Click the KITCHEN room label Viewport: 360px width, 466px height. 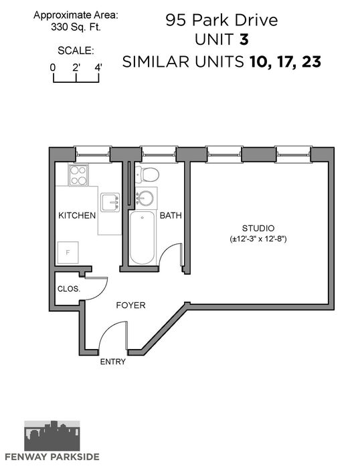[x=77, y=215]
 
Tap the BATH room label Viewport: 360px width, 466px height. [x=171, y=215]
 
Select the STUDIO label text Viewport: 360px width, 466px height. [x=258, y=228]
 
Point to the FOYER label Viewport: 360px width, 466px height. [x=130, y=306]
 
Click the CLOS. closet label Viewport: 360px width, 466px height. [x=69, y=289]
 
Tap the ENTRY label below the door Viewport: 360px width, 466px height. [x=113, y=362]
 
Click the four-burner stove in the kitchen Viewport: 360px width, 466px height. [x=78, y=175]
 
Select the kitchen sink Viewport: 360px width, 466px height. [x=110, y=203]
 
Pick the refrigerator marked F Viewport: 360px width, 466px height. [x=68, y=253]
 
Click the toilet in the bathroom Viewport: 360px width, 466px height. [x=147, y=174]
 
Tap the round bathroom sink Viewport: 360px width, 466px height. [x=145, y=198]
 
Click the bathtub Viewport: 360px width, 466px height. [x=143, y=237]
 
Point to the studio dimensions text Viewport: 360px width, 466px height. [x=258, y=239]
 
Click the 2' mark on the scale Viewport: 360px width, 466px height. [x=76, y=68]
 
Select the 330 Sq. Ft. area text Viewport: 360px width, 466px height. [x=76, y=27]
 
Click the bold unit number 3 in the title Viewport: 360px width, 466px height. [x=244, y=39]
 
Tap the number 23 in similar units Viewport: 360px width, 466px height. [x=312, y=62]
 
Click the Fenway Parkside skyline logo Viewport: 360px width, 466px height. [x=52, y=435]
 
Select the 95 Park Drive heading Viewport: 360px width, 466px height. [x=221, y=20]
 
